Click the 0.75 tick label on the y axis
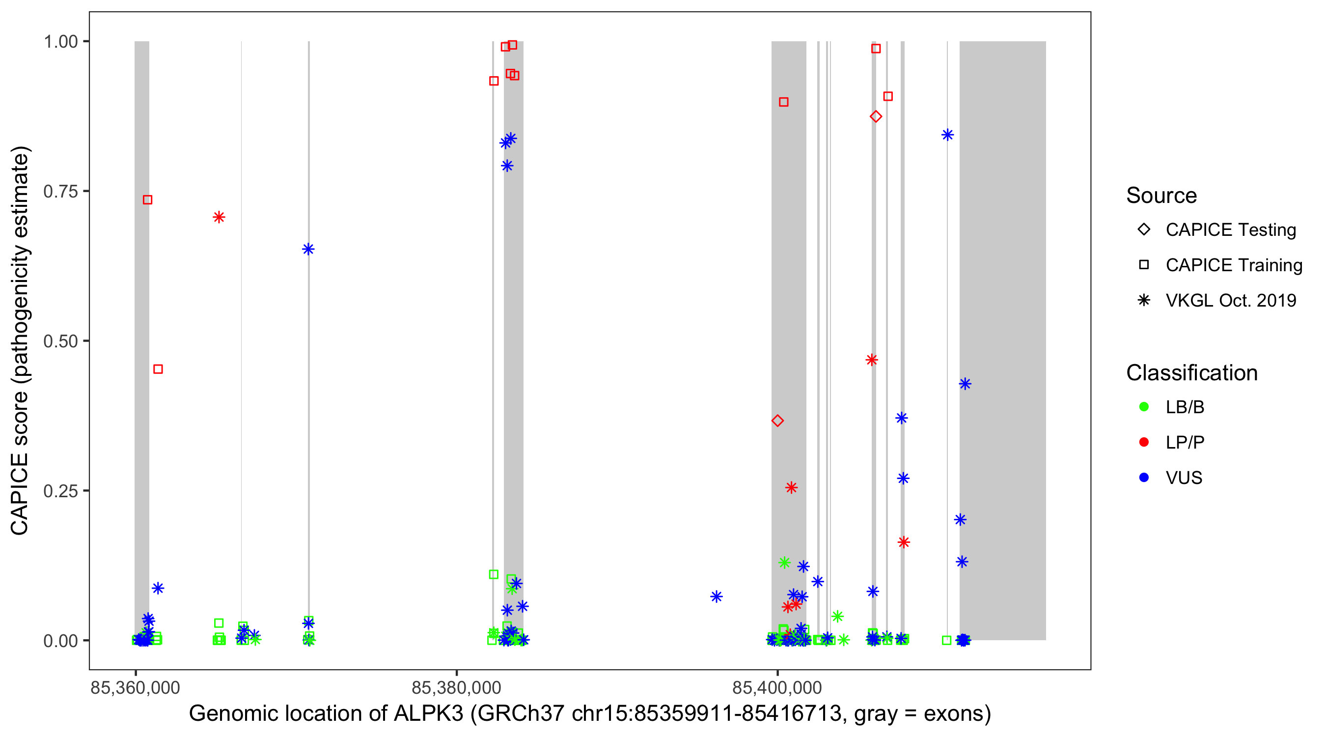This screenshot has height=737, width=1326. (x=60, y=192)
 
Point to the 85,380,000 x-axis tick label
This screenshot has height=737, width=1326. (x=456, y=688)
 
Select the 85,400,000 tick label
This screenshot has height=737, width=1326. (x=777, y=688)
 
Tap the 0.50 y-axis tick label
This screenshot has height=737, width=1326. (x=60, y=341)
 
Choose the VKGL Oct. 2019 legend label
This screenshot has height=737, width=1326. (x=1231, y=301)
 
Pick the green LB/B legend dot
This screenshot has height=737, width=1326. (x=1144, y=407)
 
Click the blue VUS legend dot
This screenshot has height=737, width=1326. (x=1144, y=478)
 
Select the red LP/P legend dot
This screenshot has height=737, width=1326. (x=1144, y=442)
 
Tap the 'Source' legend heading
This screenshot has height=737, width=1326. (x=1161, y=196)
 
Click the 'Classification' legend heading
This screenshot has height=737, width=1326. (x=1191, y=373)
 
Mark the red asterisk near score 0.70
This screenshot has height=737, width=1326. (x=219, y=217)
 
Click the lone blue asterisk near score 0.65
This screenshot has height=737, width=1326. (x=308, y=250)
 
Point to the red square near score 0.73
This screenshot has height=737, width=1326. (x=148, y=200)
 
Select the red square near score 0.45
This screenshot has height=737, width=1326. (x=158, y=369)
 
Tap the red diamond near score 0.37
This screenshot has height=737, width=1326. (x=777, y=421)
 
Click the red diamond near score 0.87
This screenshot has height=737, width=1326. (x=876, y=116)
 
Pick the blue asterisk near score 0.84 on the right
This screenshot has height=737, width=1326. (x=947, y=136)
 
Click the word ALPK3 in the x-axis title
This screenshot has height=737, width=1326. (x=428, y=714)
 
